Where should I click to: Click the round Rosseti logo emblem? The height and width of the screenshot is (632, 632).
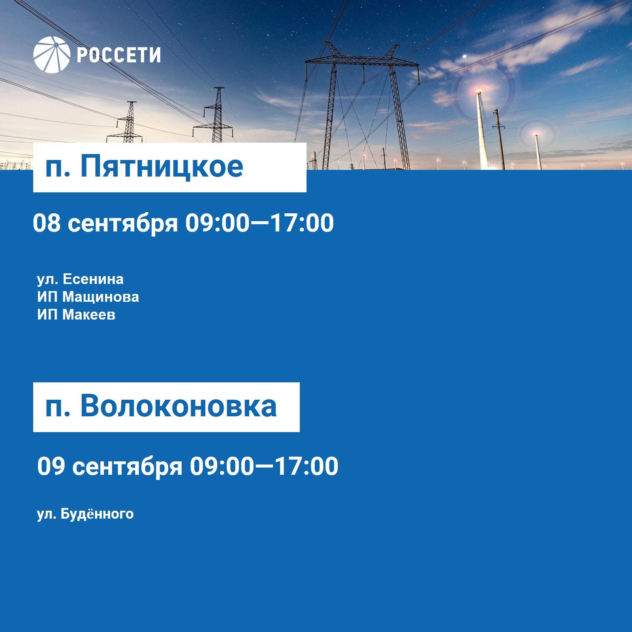(52, 55)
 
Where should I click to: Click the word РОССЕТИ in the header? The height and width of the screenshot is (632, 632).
(118, 55)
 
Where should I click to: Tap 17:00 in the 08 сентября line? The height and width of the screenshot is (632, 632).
(302, 223)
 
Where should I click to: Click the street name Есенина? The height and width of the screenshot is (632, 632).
(93, 279)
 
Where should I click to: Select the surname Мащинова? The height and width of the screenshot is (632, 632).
(101, 297)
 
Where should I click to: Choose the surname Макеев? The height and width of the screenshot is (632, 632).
(89, 315)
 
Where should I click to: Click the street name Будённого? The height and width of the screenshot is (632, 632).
(97, 514)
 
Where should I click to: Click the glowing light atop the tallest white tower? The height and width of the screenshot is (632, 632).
(478, 92)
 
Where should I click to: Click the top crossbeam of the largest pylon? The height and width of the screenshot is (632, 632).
(362, 61)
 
